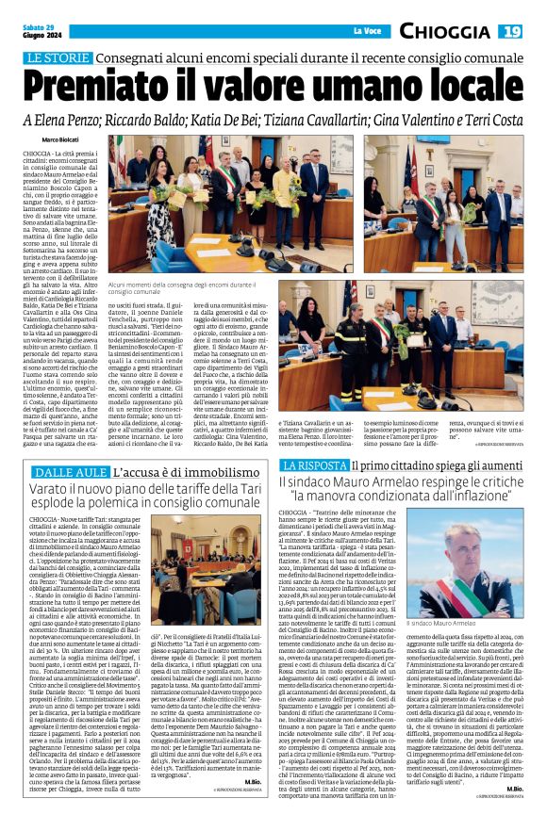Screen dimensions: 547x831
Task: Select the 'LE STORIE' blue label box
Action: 54,58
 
